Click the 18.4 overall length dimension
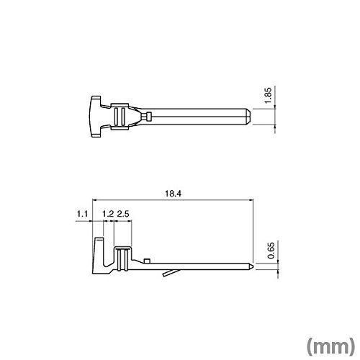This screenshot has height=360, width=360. pos(173,194)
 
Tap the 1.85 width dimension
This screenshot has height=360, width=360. pos(268,96)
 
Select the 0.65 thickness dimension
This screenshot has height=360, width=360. pos(271,251)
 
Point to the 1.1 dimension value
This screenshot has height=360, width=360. pos(82,214)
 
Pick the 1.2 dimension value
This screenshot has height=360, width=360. pos(108,214)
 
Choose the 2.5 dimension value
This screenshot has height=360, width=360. pos(123,214)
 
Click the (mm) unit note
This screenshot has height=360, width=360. pos(330,346)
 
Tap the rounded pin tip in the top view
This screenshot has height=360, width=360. pos(248,117)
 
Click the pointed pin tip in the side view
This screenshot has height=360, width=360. pos(251,266)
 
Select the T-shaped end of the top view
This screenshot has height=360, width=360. pos(96,117)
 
